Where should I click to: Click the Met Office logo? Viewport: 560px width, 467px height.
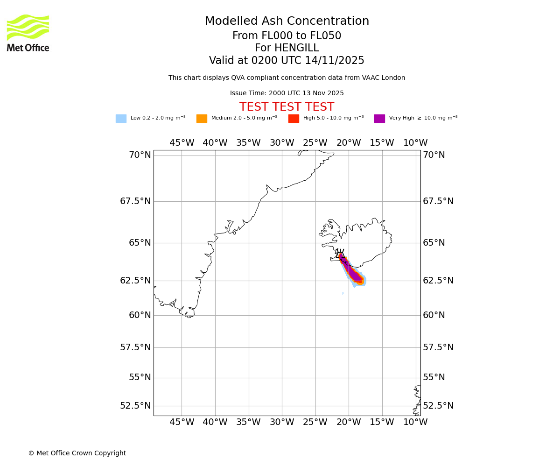pyautogui.click(x=28, y=33)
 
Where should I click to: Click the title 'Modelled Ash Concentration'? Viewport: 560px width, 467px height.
pyautogui.click(x=287, y=21)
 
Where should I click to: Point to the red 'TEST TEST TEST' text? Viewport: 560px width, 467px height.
pyautogui.click(x=287, y=107)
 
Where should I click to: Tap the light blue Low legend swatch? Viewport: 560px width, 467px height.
pyautogui.click(x=121, y=119)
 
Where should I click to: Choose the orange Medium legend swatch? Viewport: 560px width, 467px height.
pyautogui.click(x=202, y=119)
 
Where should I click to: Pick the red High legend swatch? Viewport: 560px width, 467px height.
pyautogui.click(x=294, y=119)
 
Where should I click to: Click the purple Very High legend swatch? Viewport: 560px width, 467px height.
pyautogui.click(x=379, y=119)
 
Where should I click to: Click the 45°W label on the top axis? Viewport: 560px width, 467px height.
pyautogui.click(x=182, y=143)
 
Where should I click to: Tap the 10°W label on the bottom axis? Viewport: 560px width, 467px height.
pyautogui.click(x=415, y=422)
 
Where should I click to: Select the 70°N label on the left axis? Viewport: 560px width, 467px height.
pyautogui.click(x=140, y=155)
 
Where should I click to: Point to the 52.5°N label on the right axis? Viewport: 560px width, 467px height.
pyautogui.click(x=438, y=406)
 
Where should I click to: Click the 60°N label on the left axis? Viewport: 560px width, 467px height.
pyautogui.click(x=140, y=315)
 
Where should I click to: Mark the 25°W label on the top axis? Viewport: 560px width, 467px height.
pyautogui.click(x=315, y=143)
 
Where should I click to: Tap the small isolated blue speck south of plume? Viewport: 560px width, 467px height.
pyautogui.click(x=343, y=293)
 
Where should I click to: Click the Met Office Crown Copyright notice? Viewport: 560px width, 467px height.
pyautogui.click(x=77, y=453)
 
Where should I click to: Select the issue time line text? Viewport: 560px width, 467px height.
pyautogui.click(x=287, y=93)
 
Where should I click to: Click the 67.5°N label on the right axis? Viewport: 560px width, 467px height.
pyautogui.click(x=438, y=201)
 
